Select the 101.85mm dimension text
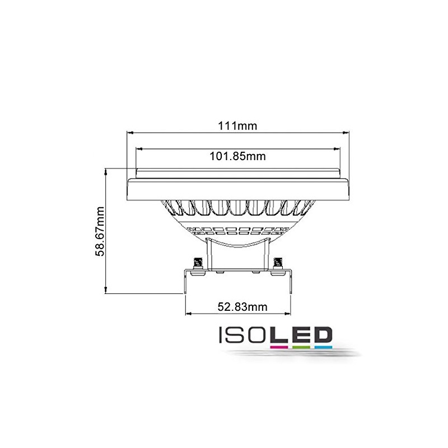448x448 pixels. click(x=237, y=157)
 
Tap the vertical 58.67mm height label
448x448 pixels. click(x=100, y=231)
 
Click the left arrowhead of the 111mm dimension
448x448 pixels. click(x=130, y=133)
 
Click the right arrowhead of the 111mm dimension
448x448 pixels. click(x=346, y=133)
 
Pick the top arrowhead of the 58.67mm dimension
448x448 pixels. click(x=106, y=170)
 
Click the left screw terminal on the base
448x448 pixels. click(x=197, y=262)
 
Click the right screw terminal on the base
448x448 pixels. click(x=278, y=262)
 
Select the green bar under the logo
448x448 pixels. click(x=299, y=347)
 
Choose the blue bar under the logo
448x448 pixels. click(x=320, y=347)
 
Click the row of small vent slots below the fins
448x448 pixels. click(x=237, y=229)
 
